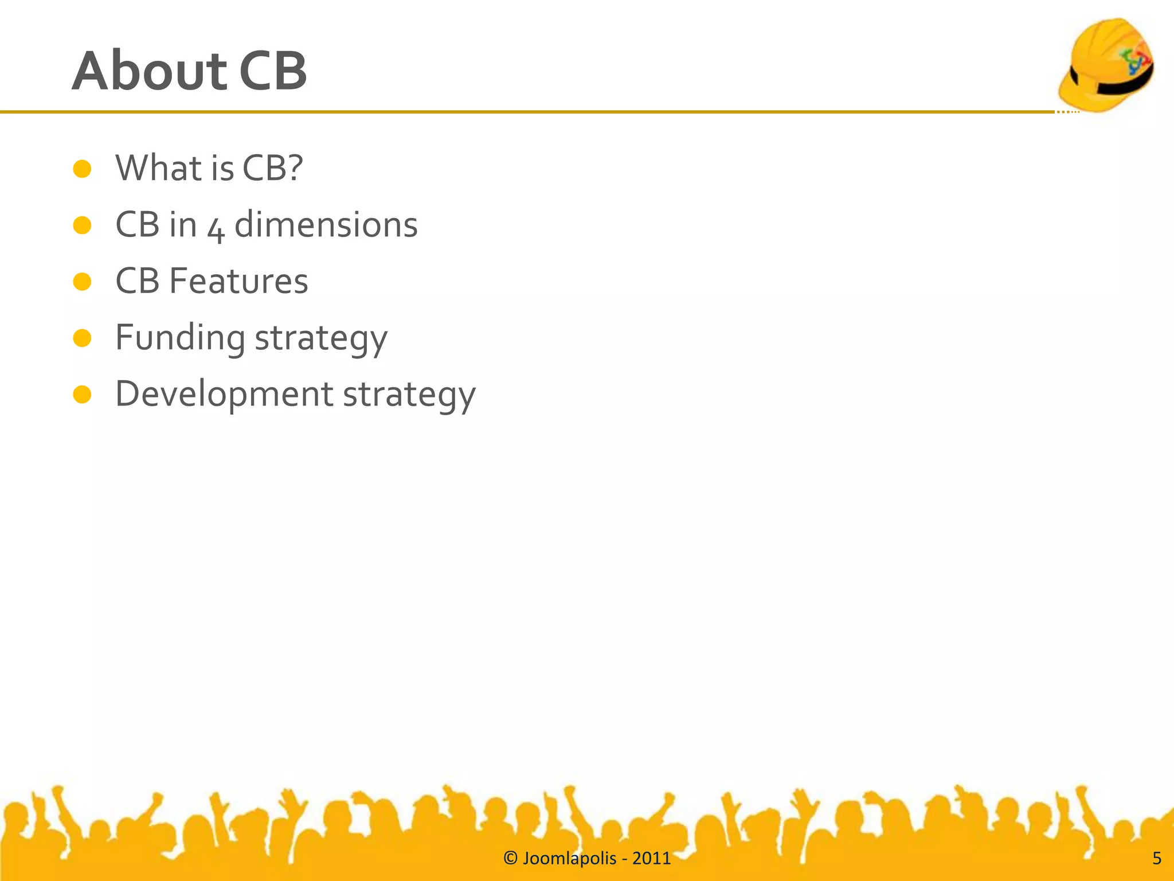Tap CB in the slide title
[273, 71]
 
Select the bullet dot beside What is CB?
[83, 169]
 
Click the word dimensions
[326, 224]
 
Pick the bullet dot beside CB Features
[83, 282]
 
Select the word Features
[238, 281]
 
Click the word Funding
[180, 338]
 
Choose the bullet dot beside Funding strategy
[83, 338]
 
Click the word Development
[224, 395]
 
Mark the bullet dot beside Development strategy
[83, 395]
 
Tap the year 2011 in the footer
[651, 858]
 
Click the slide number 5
[1156, 858]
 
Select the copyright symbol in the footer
[510, 858]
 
